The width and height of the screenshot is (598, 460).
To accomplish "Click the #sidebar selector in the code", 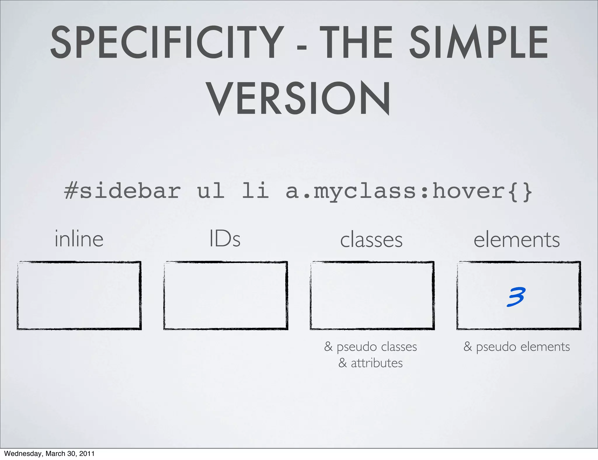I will [122, 191].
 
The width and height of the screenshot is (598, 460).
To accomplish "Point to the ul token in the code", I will [211, 191].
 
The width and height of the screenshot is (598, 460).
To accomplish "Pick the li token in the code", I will [255, 191].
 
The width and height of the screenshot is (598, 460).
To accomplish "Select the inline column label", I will [79, 239].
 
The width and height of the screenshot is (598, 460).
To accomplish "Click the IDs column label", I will [225, 239].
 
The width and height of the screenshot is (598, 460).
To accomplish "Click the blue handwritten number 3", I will [516, 297].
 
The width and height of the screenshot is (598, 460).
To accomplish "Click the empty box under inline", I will [79, 295].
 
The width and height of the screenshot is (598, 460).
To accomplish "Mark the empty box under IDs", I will [226, 295].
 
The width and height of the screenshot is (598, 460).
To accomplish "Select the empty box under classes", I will [372, 295].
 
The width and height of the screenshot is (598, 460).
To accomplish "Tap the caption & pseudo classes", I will [371, 347].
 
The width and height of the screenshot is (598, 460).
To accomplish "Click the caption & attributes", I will [371, 363].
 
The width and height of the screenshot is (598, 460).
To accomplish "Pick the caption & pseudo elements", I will [517, 347].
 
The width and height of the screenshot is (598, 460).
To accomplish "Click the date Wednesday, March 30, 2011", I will [49, 454].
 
